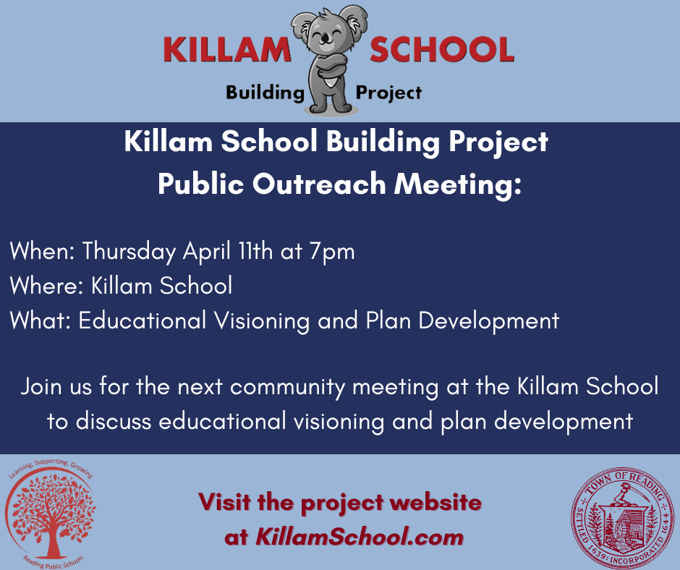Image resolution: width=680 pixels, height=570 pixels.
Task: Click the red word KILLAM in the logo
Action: point(227,49)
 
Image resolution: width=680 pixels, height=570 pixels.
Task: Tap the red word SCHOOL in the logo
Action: point(442,49)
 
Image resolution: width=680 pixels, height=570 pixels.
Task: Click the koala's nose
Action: point(324,40)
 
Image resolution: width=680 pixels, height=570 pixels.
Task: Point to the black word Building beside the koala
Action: point(265,93)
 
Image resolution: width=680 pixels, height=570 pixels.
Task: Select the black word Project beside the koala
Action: point(388,93)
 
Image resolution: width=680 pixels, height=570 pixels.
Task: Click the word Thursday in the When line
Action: point(129,252)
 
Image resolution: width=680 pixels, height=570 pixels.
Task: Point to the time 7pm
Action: point(332,252)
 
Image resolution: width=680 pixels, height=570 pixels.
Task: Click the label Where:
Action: point(46,286)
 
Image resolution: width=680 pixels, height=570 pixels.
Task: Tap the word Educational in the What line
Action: point(143,320)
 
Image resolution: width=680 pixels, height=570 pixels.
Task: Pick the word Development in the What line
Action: point(489,321)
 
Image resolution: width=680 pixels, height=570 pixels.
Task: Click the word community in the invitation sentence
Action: point(287,388)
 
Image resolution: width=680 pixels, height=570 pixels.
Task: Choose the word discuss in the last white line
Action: point(114,421)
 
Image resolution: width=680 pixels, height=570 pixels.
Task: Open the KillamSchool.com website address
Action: point(360,537)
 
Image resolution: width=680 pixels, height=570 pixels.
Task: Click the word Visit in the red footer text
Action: point(225,502)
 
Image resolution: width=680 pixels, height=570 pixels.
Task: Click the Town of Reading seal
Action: point(623,518)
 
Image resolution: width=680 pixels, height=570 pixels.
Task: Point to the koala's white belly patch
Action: point(331,82)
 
